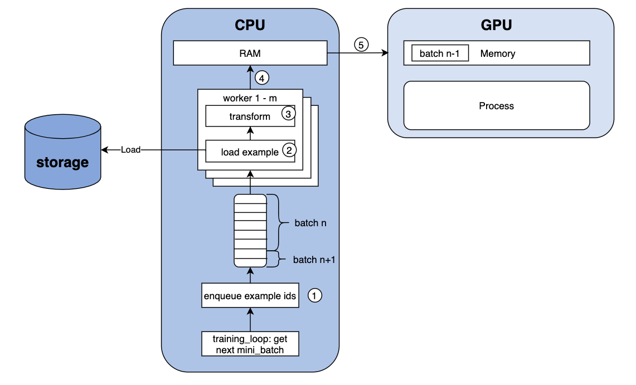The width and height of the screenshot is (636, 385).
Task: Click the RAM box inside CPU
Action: pyautogui.click(x=250, y=54)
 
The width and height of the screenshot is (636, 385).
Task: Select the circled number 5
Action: pyautogui.click(x=361, y=45)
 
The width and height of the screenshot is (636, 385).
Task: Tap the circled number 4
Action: pyautogui.click(x=262, y=79)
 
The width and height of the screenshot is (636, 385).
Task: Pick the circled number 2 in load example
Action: pyautogui.click(x=288, y=150)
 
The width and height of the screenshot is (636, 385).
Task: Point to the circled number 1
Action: pyautogui.click(x=315, y=296)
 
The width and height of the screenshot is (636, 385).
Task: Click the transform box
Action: pyautogui.click(x=250, y=116)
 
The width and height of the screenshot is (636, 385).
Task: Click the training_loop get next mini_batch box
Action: pyautogui.click(x=250, y=344)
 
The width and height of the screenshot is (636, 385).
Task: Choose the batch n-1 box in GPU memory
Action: pyautogui.click(x=440, y=53)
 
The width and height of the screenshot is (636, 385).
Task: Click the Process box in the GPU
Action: pyautogui.click(x=496, y=106)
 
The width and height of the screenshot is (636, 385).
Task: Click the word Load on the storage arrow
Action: pyautogui.click(x=130, y=150)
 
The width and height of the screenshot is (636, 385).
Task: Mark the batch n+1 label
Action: pyautogui.click(x=314, y=260)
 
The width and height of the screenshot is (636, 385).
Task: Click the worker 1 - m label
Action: pyautogui.click(x=250, y=98)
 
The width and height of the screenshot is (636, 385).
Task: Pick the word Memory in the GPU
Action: pyautogui.click(x=497, y=54)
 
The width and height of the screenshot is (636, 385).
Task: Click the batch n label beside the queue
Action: pyautogui.click(x=310, y=223)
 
